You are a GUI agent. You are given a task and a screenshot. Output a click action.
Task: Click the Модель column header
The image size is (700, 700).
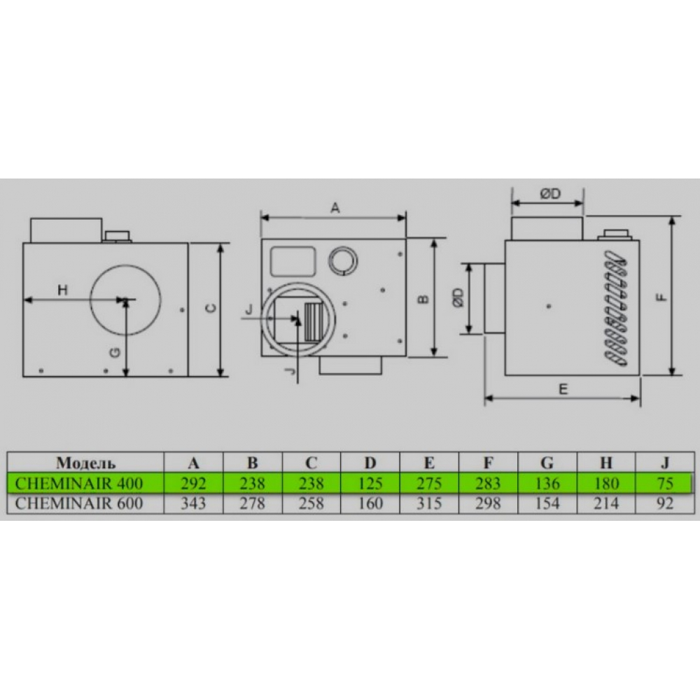coord(85,463)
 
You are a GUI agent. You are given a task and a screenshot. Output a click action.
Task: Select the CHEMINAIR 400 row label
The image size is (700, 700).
coord(79,484)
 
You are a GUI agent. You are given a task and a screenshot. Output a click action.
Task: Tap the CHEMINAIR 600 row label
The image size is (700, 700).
coord(79,503)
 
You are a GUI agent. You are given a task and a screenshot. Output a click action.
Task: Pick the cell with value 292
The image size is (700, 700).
coord(193,484)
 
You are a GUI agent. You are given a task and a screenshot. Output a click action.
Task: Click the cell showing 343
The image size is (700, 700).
coord(193,503)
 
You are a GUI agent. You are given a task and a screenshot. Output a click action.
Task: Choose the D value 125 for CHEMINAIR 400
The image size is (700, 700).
coord(370,484)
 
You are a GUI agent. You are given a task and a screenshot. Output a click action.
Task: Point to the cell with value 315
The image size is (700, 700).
coord(429,503)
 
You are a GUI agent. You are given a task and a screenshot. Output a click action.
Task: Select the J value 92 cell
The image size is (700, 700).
coord(665,503)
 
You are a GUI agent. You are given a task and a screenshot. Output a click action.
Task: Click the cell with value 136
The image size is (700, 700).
coord(547,484)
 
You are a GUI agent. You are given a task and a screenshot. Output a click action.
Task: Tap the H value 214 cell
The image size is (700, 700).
coord(605,503)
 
